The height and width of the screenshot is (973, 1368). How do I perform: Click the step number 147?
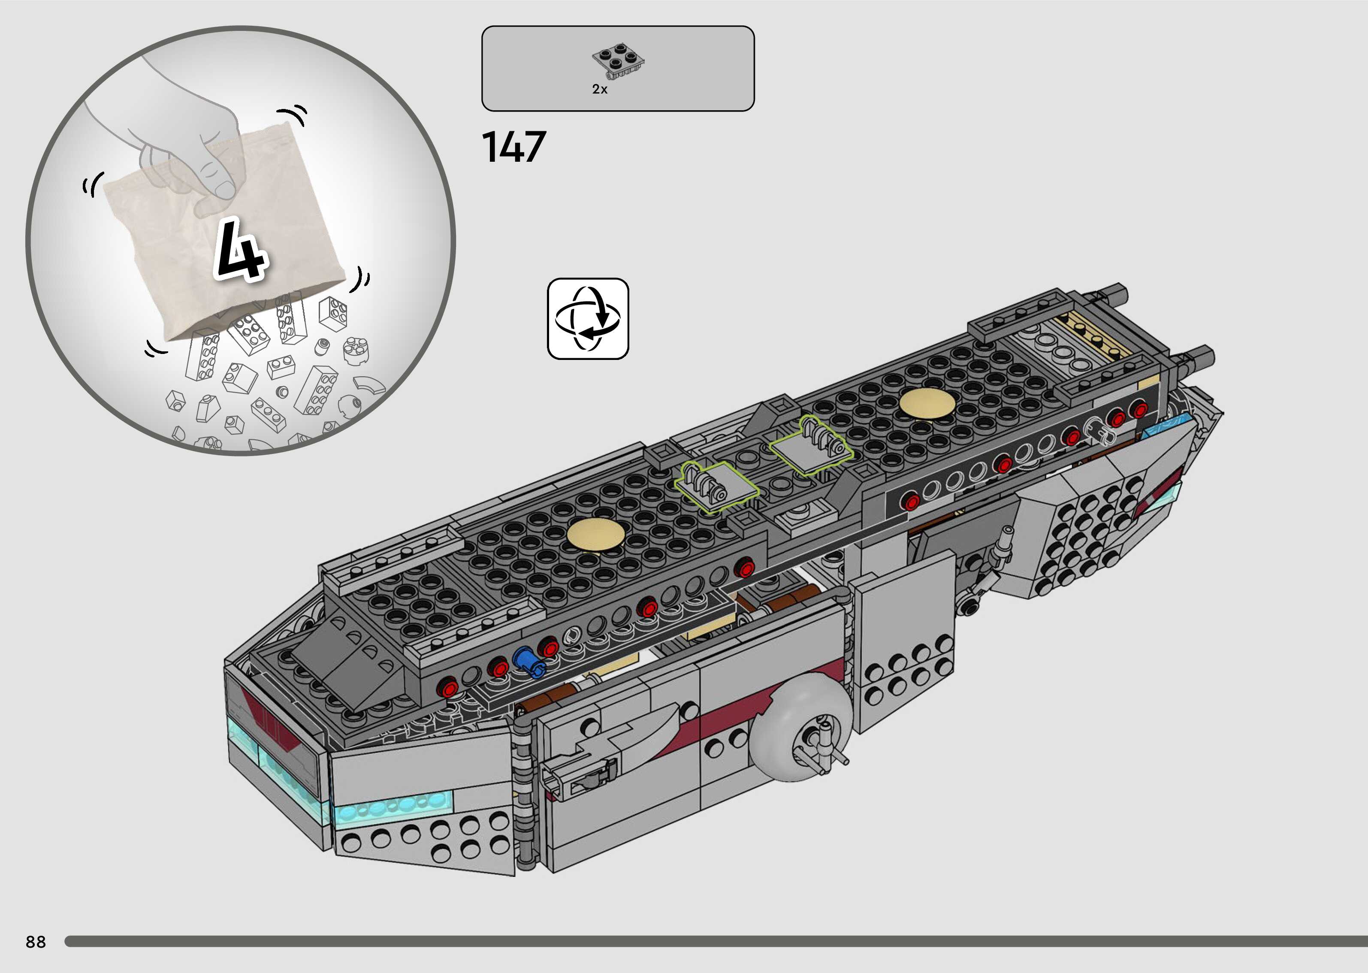point(514,148)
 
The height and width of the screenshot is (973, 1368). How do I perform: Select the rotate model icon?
point(588,319)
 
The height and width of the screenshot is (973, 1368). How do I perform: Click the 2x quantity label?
point(600,89)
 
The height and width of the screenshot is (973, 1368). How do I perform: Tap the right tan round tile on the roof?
point(927,402)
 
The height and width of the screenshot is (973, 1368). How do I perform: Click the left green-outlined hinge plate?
point(716,486)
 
